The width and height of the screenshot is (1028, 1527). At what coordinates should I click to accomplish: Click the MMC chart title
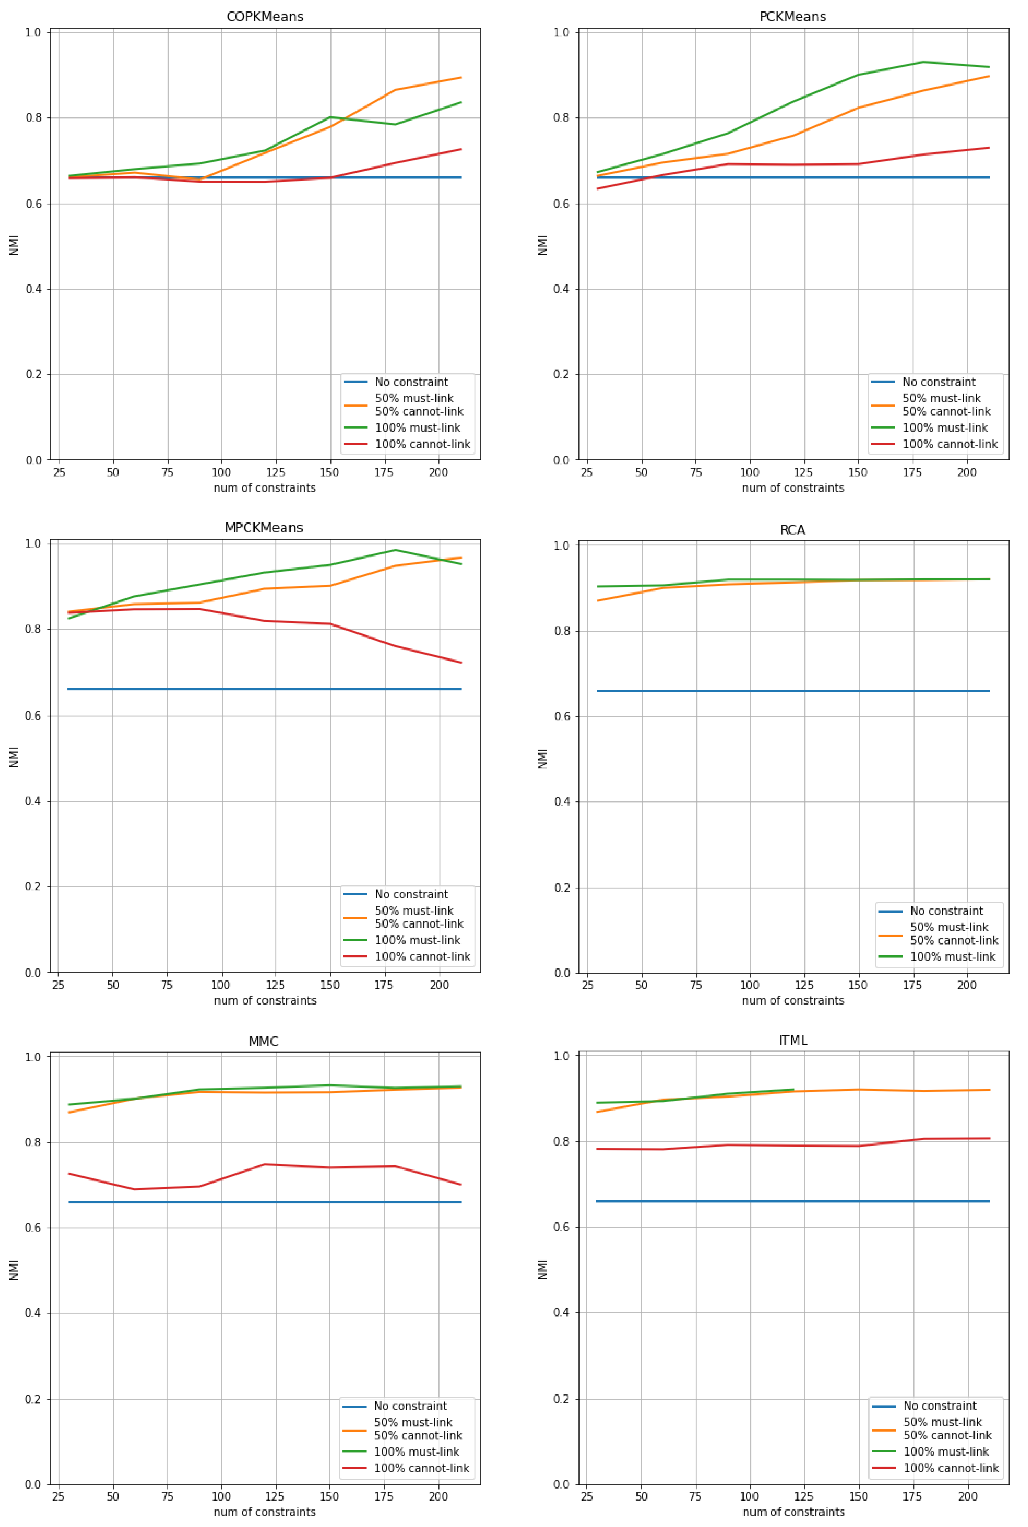(264, 1041)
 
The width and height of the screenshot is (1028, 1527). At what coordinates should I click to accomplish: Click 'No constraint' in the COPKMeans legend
(411, 382)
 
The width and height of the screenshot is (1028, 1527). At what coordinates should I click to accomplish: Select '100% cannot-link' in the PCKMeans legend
(949, 444)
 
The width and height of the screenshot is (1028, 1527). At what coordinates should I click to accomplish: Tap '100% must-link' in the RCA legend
(952, 956)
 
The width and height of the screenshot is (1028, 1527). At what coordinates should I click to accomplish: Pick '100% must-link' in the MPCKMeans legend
(417, 940)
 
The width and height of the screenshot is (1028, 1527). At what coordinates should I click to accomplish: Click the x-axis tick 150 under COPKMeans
(329, 472)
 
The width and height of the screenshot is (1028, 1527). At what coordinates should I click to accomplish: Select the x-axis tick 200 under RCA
(966, 985)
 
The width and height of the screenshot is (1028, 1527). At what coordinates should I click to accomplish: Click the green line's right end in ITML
(793, 1090)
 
